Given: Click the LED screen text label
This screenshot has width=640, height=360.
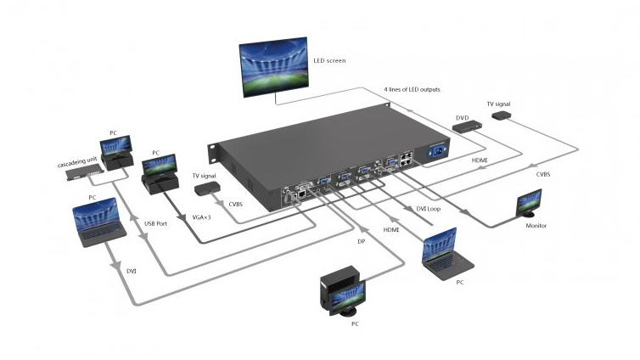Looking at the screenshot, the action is pos(329,61).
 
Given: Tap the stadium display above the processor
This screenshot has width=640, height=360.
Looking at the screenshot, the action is pos(273,67).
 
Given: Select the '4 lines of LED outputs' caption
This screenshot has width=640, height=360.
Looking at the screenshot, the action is pos(412,89).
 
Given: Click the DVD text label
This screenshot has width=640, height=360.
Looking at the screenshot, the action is pos(462,118).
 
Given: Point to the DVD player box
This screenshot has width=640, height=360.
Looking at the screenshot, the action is pos(468,127).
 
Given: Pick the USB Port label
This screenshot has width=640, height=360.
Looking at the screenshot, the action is pos(155,223).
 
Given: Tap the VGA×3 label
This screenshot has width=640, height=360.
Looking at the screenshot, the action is pos(201,217).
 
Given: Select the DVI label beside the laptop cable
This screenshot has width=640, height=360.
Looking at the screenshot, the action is pos(131,271).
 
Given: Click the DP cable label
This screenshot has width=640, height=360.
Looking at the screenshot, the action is pos(362,242).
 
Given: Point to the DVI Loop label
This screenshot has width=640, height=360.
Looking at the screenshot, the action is pos(428,209).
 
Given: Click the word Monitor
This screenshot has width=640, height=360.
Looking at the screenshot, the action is pos(536,226).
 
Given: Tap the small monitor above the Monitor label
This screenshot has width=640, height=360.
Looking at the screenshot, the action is pos(529,203).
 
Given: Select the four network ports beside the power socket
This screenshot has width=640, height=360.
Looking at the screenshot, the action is pos(406,159).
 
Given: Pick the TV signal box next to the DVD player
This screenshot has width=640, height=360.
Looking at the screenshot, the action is pos(502,115).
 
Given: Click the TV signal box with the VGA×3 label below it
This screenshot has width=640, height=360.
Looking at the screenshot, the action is pos(207,188).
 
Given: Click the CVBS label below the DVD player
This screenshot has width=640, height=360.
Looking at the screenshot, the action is pos(543,174).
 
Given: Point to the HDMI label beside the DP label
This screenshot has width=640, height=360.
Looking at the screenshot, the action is pos(391,230).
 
